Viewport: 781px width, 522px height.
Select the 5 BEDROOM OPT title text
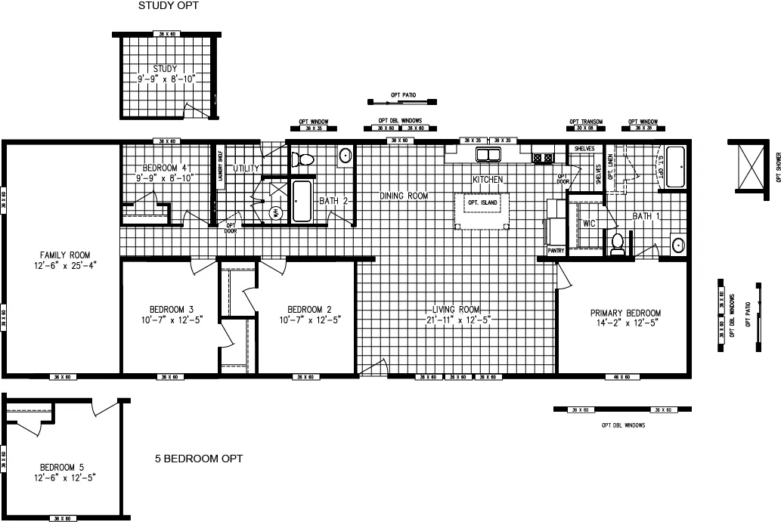coord(199,459)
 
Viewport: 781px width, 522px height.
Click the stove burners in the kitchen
coord(542,158)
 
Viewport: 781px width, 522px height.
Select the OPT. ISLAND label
coord(482,203)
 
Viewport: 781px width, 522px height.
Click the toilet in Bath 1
coord(618,243)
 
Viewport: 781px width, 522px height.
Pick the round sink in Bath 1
coord(677,245)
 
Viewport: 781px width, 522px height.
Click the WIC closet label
coord(590,224)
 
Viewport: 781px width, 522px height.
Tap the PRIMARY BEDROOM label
coord(626,314)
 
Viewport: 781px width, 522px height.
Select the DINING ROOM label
coord(403,196)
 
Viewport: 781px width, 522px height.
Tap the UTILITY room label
coord(246,168)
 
